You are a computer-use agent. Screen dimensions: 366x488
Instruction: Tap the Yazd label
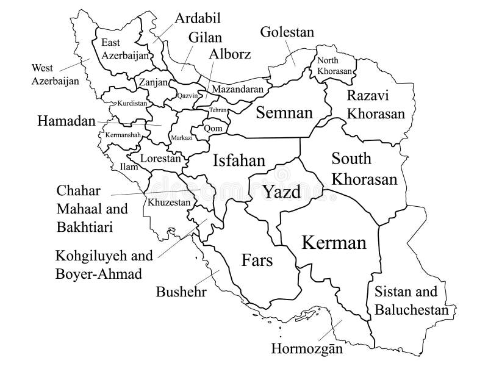(x=282, y=193)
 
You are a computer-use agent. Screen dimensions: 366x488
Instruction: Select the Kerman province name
(x=334, y=243)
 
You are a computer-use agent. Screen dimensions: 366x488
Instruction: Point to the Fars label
(x=257, y=260)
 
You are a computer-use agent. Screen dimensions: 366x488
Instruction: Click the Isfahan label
(x=239, y=160)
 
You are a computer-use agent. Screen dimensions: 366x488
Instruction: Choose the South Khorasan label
(x=364, y=170)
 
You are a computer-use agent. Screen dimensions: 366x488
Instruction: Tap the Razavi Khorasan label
(x=376, y=105)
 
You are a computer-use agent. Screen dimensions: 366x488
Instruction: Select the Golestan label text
(x=287, y=31)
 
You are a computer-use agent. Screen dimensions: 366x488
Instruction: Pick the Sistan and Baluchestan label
(x=411, y=301)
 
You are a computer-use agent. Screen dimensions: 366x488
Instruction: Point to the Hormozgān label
(x=304, y=350)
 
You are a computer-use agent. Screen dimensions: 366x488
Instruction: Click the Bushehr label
(x=181, y=292)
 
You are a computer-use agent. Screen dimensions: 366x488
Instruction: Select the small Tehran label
(x=218, y=110)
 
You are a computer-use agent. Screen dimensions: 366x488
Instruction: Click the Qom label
(x=212, y=129)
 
